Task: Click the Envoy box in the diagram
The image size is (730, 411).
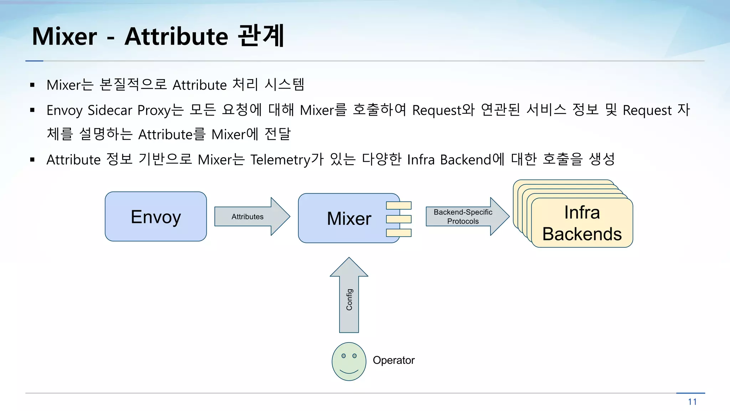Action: tap(156, 217)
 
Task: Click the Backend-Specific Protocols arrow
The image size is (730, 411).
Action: tap(463, 217)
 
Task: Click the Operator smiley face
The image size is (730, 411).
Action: tap(349, 361)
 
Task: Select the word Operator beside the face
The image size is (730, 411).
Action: tap(394, 360)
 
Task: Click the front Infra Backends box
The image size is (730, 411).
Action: tap(582, 223)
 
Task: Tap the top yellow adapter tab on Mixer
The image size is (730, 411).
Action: tap(399, 205)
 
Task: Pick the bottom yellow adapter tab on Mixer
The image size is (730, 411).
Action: tap(399, 233)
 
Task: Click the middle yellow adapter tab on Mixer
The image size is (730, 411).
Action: tap(399, 219)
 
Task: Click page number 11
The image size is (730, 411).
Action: tap(692, 402)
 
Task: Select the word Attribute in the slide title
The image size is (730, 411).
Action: tap(176, 36)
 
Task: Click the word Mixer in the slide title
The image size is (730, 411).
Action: tap(65, 36)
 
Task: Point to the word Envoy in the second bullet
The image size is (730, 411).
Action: tap(65, 110)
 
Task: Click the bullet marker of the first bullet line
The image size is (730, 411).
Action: tap(32, 85)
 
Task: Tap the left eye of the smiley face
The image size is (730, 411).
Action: tap(344, 356)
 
